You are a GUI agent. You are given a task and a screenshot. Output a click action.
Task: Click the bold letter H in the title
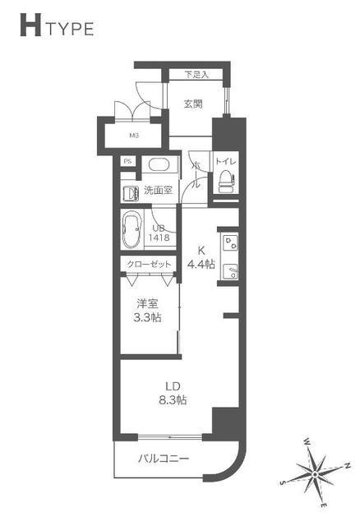[x=30, y=25]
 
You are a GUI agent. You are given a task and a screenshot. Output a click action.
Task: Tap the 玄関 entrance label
[x=194, y=104]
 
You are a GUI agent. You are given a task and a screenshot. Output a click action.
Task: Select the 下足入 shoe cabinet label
[x=196, y=75]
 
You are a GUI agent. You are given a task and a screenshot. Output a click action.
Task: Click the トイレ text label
[x=225, y=161]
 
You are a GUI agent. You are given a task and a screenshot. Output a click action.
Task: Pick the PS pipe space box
[x=127, y=161]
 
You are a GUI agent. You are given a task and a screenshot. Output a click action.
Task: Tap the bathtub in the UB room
[x=132, y=229]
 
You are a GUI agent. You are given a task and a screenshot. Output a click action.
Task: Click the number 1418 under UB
[x=159, y=238]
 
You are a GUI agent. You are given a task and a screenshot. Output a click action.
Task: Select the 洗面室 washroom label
[x=159, y=190]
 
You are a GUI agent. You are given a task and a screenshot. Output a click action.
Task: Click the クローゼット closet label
[x=148, y=264]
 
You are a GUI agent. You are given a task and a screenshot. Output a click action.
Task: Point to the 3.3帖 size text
[x=147, y=317]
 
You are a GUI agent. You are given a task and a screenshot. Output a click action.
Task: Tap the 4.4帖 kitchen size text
[x=201, y=265]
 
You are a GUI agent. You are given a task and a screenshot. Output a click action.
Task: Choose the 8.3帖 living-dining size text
[x=173, y=400]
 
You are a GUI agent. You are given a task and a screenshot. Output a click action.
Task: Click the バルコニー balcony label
[x=164, y=459]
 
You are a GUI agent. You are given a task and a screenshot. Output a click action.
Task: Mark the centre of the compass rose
[x=315, y=474]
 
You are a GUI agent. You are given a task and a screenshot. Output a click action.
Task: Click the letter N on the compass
[x=348, y=466]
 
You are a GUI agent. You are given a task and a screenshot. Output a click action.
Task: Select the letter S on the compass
[x=283, y=483]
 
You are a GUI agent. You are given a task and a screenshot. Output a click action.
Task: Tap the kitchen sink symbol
[x=230, y=271]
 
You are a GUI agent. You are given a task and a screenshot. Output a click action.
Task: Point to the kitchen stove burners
[x=230, y=242]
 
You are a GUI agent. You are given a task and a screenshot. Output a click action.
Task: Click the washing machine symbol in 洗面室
[x=132, y=194]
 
